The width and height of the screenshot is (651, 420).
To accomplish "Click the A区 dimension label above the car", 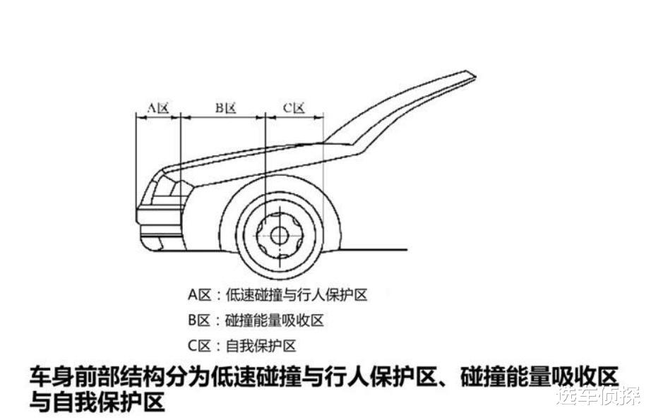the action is pyautogui.click(x=157, y=108).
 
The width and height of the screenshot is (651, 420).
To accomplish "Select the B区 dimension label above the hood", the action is pyautogui.click(x=225, y=108).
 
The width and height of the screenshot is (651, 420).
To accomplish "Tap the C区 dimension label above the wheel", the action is pyautogui.click(x=294, y=108).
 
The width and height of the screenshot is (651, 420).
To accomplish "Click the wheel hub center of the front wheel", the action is pyautogui.click(x=280, y=235).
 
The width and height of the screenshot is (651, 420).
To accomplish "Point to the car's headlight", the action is pyautogui.click(x=167, y=188).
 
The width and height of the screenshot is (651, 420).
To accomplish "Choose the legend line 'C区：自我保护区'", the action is pyautogui.click(x=241, y=346).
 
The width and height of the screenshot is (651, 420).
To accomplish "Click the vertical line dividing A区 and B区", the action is pyautogui.click(x=181, y=141).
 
